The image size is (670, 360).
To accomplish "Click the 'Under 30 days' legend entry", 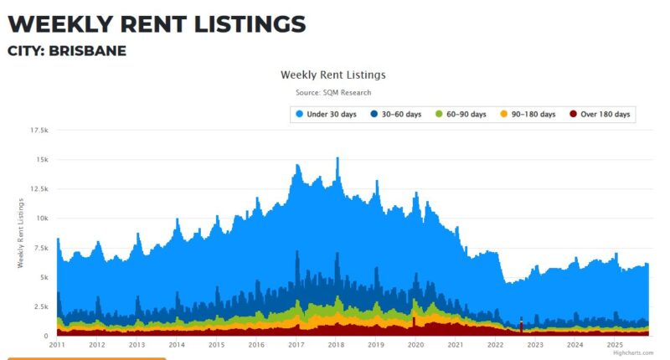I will pos(327,114).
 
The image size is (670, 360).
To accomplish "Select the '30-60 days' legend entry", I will pos(401,114).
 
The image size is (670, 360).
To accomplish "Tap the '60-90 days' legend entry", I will pos(464,114).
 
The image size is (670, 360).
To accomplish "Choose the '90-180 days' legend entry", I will pos(529,114).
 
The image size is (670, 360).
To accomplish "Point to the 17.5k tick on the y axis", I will pos(39,131).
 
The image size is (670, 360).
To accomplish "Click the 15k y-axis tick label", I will pos(41,160).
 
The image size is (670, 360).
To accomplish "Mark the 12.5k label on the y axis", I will pos(39,189).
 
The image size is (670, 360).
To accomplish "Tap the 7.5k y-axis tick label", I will pos(41,248).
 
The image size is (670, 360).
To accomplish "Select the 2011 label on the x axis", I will pos(57,344).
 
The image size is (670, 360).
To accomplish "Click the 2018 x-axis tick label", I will pos(336,344).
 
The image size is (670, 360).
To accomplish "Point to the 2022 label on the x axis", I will pos(495,344).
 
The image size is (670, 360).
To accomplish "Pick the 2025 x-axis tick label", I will pos(615,344).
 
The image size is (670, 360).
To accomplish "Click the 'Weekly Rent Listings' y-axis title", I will pos(21,233).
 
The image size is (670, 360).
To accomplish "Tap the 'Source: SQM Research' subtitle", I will pos(333,92).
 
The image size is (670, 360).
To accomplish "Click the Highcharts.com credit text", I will pos(632,352).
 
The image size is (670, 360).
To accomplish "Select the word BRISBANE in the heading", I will pos(88,51).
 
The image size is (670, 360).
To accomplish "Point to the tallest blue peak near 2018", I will pos(337,159).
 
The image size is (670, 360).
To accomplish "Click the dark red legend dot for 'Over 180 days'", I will pos(573,114).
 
